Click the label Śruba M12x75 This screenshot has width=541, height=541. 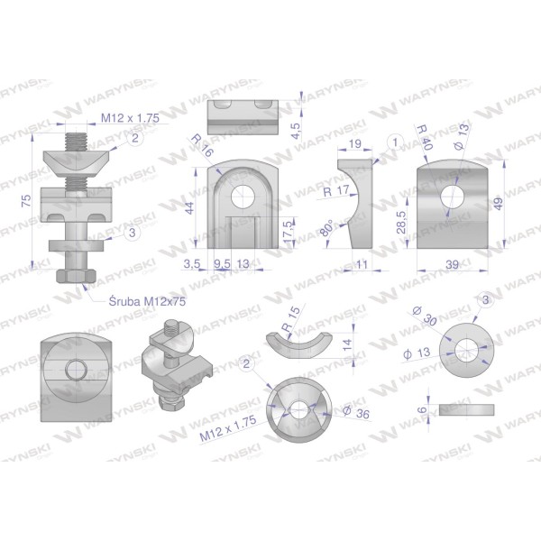click(x=147, y=301)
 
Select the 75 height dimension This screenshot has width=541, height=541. click(x=26, y=201)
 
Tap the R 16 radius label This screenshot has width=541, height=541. click(x=202, y=145)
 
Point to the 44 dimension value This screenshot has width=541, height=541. click(x=190, y=208)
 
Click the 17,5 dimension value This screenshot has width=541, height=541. click(x=289, y=231)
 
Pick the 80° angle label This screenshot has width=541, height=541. click(x=327, y=228)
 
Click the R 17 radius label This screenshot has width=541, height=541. click(x=336, y=191)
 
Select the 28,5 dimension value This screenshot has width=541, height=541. click(x=402, y=223)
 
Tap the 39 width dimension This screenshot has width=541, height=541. click(x=453, y=264)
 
